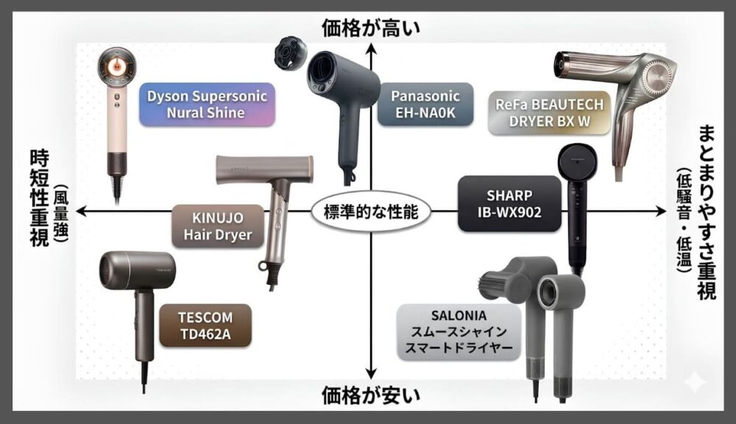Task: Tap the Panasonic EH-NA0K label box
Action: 425,104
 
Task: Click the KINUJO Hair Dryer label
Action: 218,226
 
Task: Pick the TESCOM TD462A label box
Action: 205,326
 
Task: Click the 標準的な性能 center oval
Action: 371,212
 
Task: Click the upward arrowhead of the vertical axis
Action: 372,48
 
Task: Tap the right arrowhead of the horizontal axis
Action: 660,212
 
